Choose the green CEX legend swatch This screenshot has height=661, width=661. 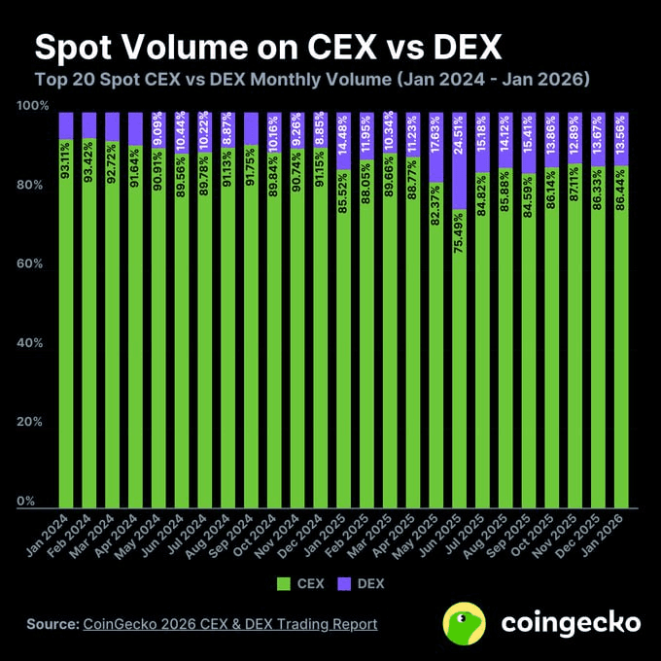[285, 584]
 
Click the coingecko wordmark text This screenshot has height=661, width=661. [571, 623]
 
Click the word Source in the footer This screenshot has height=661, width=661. [50, 624]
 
